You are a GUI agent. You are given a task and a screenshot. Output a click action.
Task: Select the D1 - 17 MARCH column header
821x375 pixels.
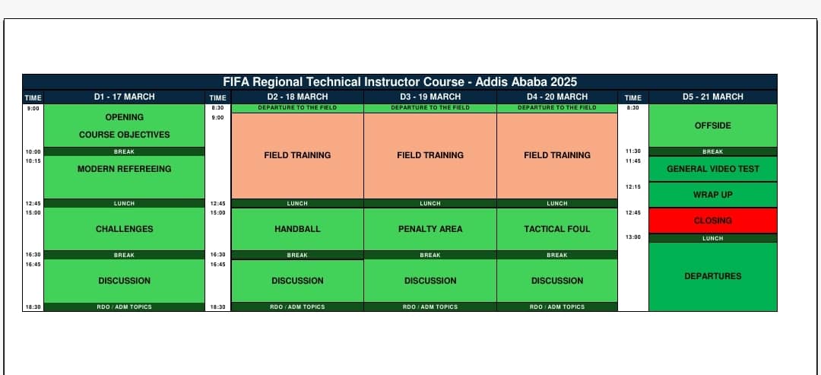pos(124,97)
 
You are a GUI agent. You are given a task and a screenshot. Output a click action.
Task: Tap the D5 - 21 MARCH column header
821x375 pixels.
pos(712,97)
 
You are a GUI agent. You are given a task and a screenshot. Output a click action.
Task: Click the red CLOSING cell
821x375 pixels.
pos(712,221)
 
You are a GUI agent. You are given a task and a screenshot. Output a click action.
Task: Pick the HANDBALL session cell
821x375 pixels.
pos(297,229)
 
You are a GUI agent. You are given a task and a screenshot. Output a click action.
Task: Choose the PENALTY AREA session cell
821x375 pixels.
pos(430,229)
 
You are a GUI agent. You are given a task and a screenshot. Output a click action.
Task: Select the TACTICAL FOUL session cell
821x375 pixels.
pos(557,229)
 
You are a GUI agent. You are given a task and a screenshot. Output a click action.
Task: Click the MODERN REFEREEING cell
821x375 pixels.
pos(124,177)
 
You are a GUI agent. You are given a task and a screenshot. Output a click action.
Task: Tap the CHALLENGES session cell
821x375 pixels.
pos(124,229)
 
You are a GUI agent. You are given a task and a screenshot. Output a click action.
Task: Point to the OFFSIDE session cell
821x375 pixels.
pos(712,126)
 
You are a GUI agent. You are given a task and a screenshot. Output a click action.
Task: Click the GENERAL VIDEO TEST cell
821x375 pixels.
pos(712,169)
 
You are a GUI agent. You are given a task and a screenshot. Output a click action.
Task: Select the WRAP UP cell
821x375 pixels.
pos(712,195)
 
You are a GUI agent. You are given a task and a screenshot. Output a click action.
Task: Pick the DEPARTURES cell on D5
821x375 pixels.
pos(712,277)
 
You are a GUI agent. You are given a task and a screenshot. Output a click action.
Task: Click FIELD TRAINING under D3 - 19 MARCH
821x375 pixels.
pos(430,155)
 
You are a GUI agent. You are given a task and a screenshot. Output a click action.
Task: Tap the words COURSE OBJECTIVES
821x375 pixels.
pos(124,135)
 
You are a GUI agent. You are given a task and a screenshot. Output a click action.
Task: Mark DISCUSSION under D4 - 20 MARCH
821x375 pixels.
pos(557,281)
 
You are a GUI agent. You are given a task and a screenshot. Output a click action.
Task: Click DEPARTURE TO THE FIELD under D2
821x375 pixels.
pos(297,108)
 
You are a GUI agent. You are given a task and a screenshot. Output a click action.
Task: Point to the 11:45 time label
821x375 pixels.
pos(633,160)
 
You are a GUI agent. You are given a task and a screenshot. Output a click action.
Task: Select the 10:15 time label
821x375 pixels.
pos(33,160)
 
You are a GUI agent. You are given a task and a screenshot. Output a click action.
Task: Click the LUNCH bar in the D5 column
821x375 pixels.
pos(712,238)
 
